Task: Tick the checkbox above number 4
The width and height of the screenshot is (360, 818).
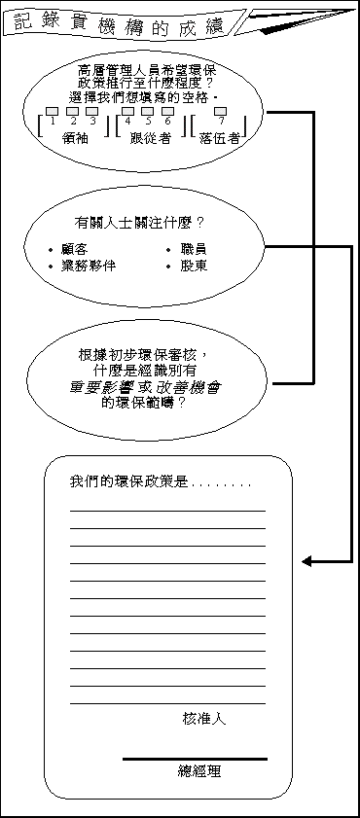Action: pyautogui.click(x=127, y=111)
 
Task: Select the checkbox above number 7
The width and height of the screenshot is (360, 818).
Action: pyautogui.click(x=222, y=111)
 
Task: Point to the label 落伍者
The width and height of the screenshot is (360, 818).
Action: pyautogui.click(x=220, y=138)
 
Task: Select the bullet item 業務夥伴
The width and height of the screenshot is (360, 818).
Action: pyautogui.click(x=89, y=266)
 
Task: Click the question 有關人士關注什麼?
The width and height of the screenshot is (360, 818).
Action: pyautogui.click(x=145, y=223)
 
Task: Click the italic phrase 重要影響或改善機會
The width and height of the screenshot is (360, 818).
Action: pyautogui.click(x=145, y=386)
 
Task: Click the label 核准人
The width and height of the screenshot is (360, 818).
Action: pyautogui.click(x=204, y=719)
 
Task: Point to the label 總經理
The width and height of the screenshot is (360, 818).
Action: pyautogui.click(x=199, y=771)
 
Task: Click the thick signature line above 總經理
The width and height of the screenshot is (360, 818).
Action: pyautogui.click(x=195, y=759)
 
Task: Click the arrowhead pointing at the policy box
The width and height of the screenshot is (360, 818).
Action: pyautogui.click(x=306, y=561)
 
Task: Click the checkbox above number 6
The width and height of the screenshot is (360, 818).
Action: pyautogui.click(x=167, y=111)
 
